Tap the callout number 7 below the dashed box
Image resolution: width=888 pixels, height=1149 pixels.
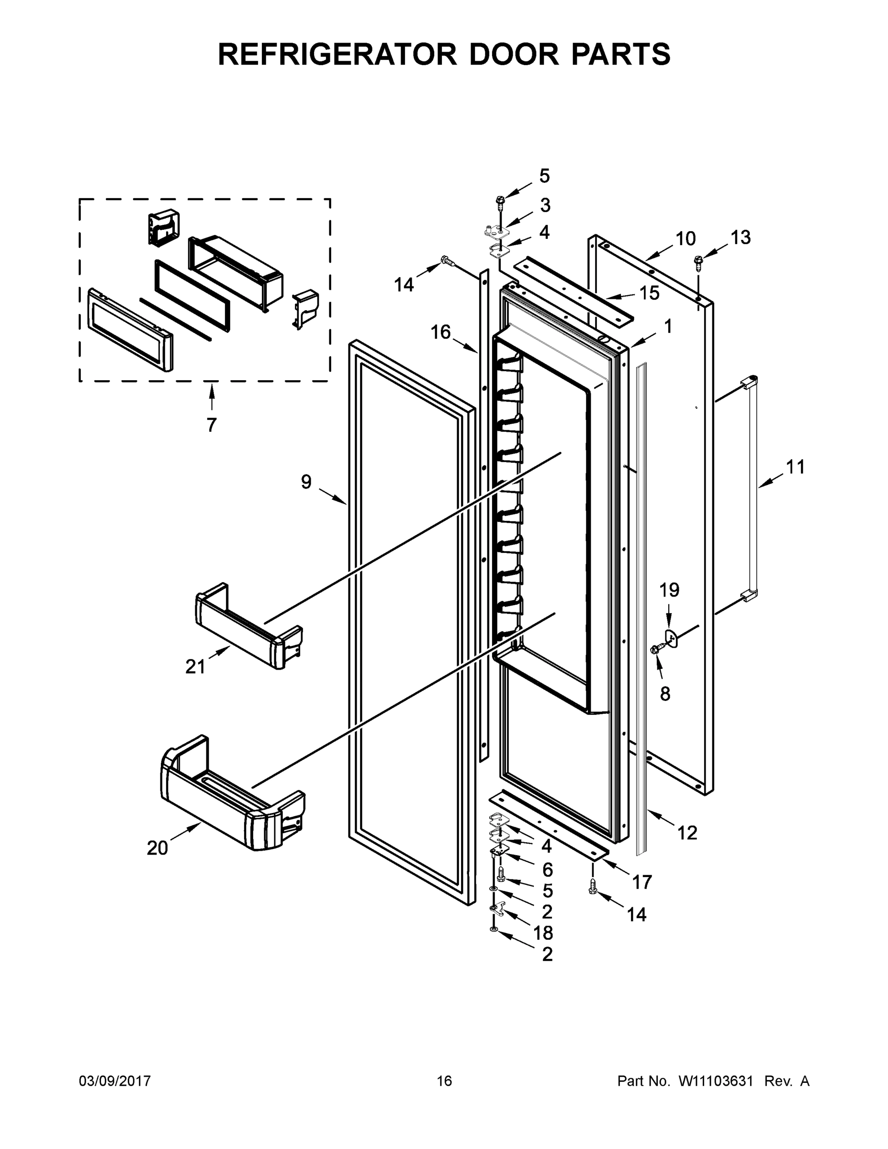(212, 425)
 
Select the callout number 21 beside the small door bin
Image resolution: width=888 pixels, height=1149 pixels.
(195, 666)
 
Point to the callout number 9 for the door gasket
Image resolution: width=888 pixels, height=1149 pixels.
(306, 481)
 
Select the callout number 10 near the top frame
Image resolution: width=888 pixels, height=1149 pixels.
(685, 239)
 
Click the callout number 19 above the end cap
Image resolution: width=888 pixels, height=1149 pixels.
(669, 590)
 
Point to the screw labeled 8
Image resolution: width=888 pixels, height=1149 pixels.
(655, 650)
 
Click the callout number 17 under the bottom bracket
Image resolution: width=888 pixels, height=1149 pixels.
(642, 881)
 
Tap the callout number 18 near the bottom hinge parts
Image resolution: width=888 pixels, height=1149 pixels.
(543, 933)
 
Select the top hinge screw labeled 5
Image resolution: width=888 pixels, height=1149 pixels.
(500, 201)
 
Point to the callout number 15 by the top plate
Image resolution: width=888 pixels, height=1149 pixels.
(649, 293)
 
